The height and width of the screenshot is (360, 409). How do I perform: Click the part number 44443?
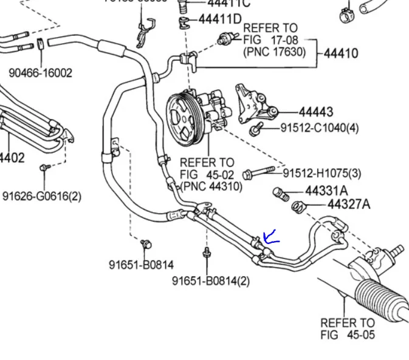(x=315, y=112)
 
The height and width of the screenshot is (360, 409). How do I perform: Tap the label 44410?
(x=340, y=53)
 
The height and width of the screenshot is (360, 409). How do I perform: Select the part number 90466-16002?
(x=40, y=73)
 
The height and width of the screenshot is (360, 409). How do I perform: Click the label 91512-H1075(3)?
(x=322, y=174)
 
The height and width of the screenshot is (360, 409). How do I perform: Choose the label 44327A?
(x=348, y=205)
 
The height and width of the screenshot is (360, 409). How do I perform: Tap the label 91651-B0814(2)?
(x=210, y=280)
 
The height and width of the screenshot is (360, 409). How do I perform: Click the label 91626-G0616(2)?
(x=41, y=196)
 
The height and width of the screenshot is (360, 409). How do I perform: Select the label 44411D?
(x=219, y=19)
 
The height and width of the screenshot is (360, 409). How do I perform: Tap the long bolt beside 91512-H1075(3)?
(x=260, y=174)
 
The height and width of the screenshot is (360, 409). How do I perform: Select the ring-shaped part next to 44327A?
(x=298, y=207)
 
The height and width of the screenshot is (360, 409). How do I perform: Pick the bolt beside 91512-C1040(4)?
(x=256, y=129)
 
